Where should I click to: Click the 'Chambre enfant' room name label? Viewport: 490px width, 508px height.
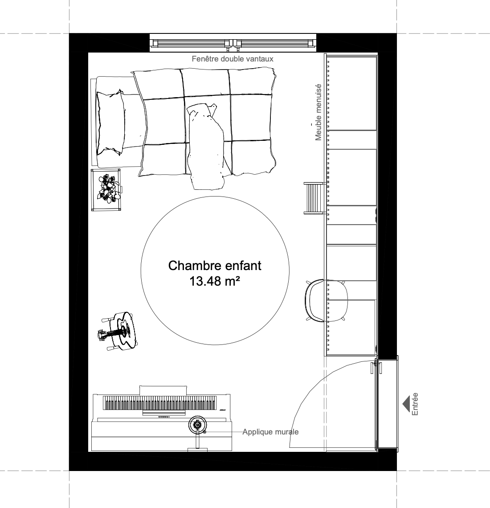tap(215, 266)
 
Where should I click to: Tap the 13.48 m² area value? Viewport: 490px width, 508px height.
tap(214, 281)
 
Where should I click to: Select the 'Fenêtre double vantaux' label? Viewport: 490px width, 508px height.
tap(233, 59)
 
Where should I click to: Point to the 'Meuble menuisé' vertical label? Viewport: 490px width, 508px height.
tap(318, 112)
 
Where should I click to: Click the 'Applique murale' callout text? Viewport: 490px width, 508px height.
tap(270, 432)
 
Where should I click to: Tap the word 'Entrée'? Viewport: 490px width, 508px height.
tap(415, 404)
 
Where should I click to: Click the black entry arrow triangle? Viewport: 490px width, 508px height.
tap(406, 404)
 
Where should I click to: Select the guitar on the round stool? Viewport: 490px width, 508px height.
tap(118, 331)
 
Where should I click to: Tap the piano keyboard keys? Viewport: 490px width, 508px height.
tap(160, 403)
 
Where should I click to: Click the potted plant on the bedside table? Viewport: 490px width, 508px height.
tap(109, 188)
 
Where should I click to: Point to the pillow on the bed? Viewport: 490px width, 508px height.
tap(110, 123)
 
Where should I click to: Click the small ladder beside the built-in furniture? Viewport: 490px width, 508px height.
tap(314, 198)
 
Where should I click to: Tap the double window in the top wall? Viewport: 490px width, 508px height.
tap(233, 43)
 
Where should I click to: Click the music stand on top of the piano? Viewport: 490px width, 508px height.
tap(163, 390)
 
